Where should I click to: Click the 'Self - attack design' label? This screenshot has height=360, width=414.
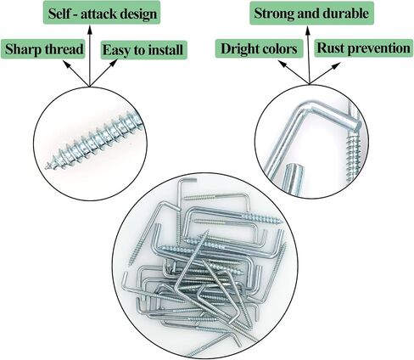click(102, 13)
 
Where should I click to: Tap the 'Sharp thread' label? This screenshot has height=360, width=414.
click(43, 49)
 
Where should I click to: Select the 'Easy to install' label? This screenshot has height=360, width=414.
click(144, 50)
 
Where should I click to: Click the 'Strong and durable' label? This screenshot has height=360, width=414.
click(311, 14)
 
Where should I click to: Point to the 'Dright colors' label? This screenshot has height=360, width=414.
click(259, 48)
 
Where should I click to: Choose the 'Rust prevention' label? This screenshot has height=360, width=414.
click(363, 48)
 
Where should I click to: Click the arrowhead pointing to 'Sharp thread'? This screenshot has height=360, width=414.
click(66, 64)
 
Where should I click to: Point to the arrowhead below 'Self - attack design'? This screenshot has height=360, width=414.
click(90, 29)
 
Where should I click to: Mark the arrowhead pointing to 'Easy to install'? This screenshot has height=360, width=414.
click(114, 63)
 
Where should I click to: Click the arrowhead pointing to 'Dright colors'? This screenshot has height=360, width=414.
click(283, 64)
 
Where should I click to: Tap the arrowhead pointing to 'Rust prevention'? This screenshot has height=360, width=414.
click(336, 66)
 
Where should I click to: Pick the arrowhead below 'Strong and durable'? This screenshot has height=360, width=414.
click(308, 30)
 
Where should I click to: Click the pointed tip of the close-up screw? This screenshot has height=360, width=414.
click(47, 167)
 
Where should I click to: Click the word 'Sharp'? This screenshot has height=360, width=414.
click(23, 49)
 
